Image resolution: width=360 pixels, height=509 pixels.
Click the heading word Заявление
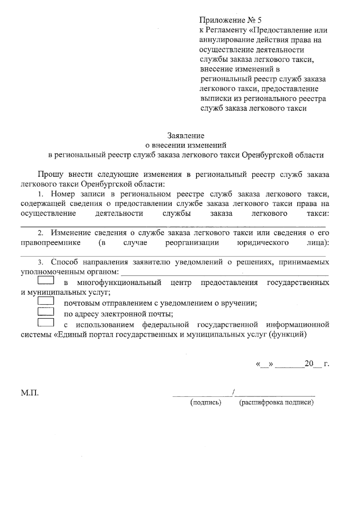click(x=186, y=136)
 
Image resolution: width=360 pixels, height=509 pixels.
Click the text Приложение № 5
click(x=230, y=20)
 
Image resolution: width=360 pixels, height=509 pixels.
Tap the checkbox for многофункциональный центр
click(x=46, y=280)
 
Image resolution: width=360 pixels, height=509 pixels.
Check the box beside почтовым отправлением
click(x=46, y=301)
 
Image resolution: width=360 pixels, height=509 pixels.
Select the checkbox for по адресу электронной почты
click(x=46, y=312)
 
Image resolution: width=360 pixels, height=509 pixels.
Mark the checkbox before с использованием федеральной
click(x=46, y=322)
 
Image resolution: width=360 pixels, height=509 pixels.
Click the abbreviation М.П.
click(x=30, y=393)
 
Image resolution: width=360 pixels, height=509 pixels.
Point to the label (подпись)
click(x=206, y=403)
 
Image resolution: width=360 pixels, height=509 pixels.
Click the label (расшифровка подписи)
click(x=276, y=403)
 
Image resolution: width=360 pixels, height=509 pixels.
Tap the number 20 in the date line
click(x=309, y=364)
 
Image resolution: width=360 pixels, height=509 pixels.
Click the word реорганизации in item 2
click(x=192, y=243)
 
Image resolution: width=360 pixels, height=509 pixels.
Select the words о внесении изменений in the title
click(x=186, y=145)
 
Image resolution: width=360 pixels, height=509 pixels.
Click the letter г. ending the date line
click(x=326, y=364)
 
